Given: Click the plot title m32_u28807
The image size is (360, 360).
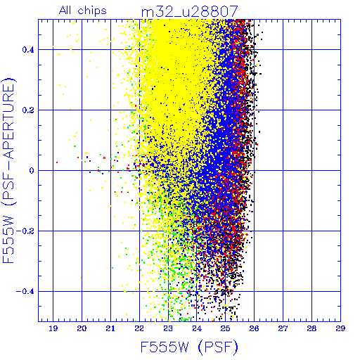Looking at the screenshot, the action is coord(190,12).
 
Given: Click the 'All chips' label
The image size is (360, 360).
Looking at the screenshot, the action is coord(83,11).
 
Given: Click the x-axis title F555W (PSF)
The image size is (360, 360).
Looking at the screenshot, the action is coord(189,347).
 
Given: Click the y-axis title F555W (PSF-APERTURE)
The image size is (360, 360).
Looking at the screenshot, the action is coord(8,170).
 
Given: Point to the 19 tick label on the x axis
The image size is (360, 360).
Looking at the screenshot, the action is coord(53,328).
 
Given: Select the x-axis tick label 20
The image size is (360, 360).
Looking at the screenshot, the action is coord(82,328).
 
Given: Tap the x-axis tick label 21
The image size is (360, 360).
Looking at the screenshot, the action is coord(110,328).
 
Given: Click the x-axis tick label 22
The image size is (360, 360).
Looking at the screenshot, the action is coord(139,328).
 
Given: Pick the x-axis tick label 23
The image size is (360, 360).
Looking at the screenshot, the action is coord(168,328).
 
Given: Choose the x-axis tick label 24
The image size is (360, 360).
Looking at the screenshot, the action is coord(197,328).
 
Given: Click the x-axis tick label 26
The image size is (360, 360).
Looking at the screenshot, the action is coord(255,328).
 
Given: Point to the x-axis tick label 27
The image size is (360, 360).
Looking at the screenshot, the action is coord(283,328).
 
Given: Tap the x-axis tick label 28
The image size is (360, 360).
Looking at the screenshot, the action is coord(311,328).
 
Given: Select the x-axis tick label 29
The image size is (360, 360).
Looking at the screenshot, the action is coord(340,328).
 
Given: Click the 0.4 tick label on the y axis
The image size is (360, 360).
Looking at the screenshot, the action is coord(28,50).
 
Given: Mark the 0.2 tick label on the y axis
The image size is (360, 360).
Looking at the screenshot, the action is coord(28,110).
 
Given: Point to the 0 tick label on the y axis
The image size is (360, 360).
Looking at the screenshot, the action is coord(32,171).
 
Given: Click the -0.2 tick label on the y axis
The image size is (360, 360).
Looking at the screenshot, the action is coord(25,231).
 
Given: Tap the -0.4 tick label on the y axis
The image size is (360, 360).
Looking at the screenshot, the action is coord(25,292).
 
